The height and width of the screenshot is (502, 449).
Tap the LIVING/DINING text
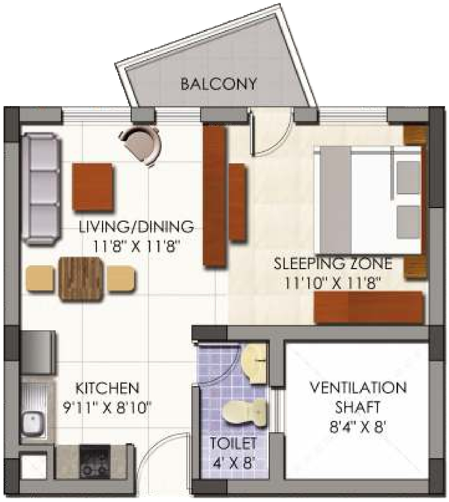[x=136, y=227]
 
